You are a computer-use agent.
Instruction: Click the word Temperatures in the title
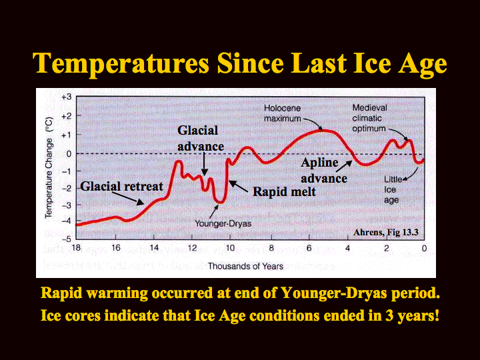pos(121,64)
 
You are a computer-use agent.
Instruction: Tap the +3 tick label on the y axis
pos(67,97)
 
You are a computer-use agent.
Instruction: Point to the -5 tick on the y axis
pos(67,239)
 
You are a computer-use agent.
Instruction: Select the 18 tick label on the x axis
pos(76,247)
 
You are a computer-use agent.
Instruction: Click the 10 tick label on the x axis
pos(230,247)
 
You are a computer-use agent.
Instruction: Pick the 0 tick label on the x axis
pos(424,248)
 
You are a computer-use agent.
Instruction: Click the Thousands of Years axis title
pos(245,266)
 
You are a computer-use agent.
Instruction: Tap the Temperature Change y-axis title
pos(49,168)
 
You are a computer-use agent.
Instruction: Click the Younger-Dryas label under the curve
pos(223,223)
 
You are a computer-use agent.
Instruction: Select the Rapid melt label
pos(284,191)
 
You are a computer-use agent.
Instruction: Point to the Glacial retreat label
pos(121,186)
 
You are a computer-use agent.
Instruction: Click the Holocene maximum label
pos(283,113)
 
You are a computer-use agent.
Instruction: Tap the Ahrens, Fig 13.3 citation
pos(386,233)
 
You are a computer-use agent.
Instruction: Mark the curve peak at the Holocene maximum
pos(322,131)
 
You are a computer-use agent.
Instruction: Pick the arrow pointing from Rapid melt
pos(239,187)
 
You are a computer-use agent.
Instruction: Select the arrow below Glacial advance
pos(205,164)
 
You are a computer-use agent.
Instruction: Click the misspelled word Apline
pos(319,163)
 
